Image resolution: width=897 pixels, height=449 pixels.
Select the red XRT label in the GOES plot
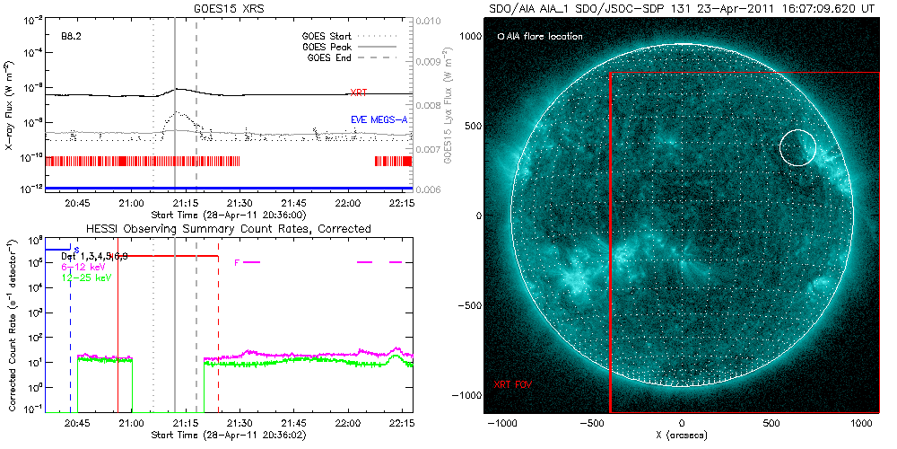pyautogui.click(x=358, y=92)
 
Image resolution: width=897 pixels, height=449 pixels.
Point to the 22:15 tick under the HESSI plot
pyautogui.click(x=401, y=421)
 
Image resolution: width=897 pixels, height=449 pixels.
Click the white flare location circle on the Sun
pyautogui.click(x=797, y=147)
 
